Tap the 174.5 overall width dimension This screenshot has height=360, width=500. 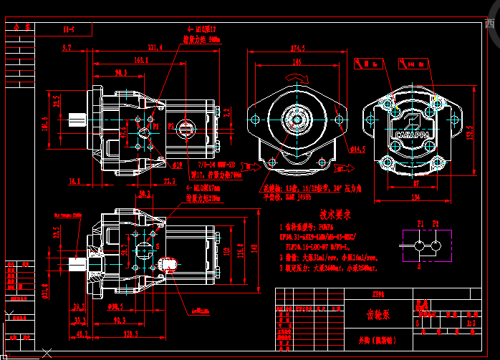[297, 48]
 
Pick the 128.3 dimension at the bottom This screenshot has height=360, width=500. [130, 334]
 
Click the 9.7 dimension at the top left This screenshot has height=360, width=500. [67, 47]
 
